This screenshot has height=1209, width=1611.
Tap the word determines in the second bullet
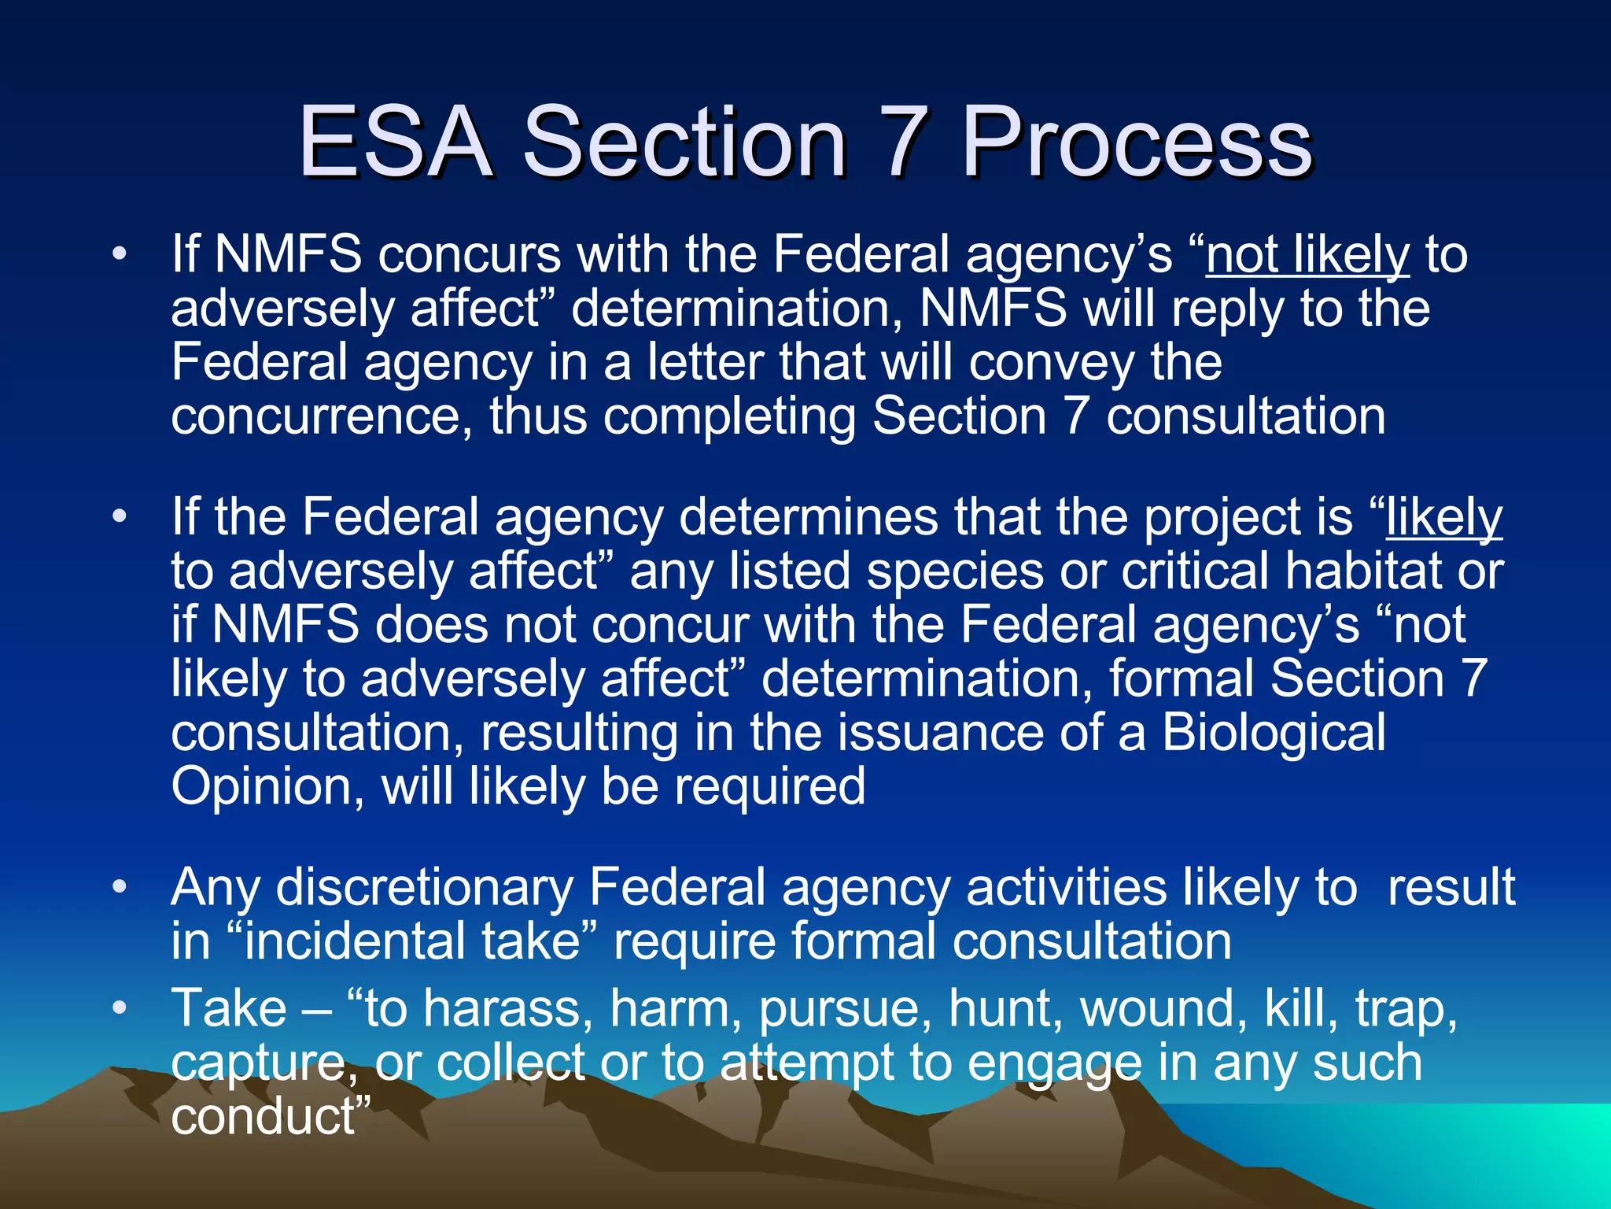point(808,517)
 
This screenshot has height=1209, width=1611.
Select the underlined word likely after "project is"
point(1444,517)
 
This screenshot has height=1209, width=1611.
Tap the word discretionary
point(425,887)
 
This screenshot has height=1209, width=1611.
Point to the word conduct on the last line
point(264,1115)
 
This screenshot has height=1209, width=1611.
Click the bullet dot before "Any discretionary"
point(119,887)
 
